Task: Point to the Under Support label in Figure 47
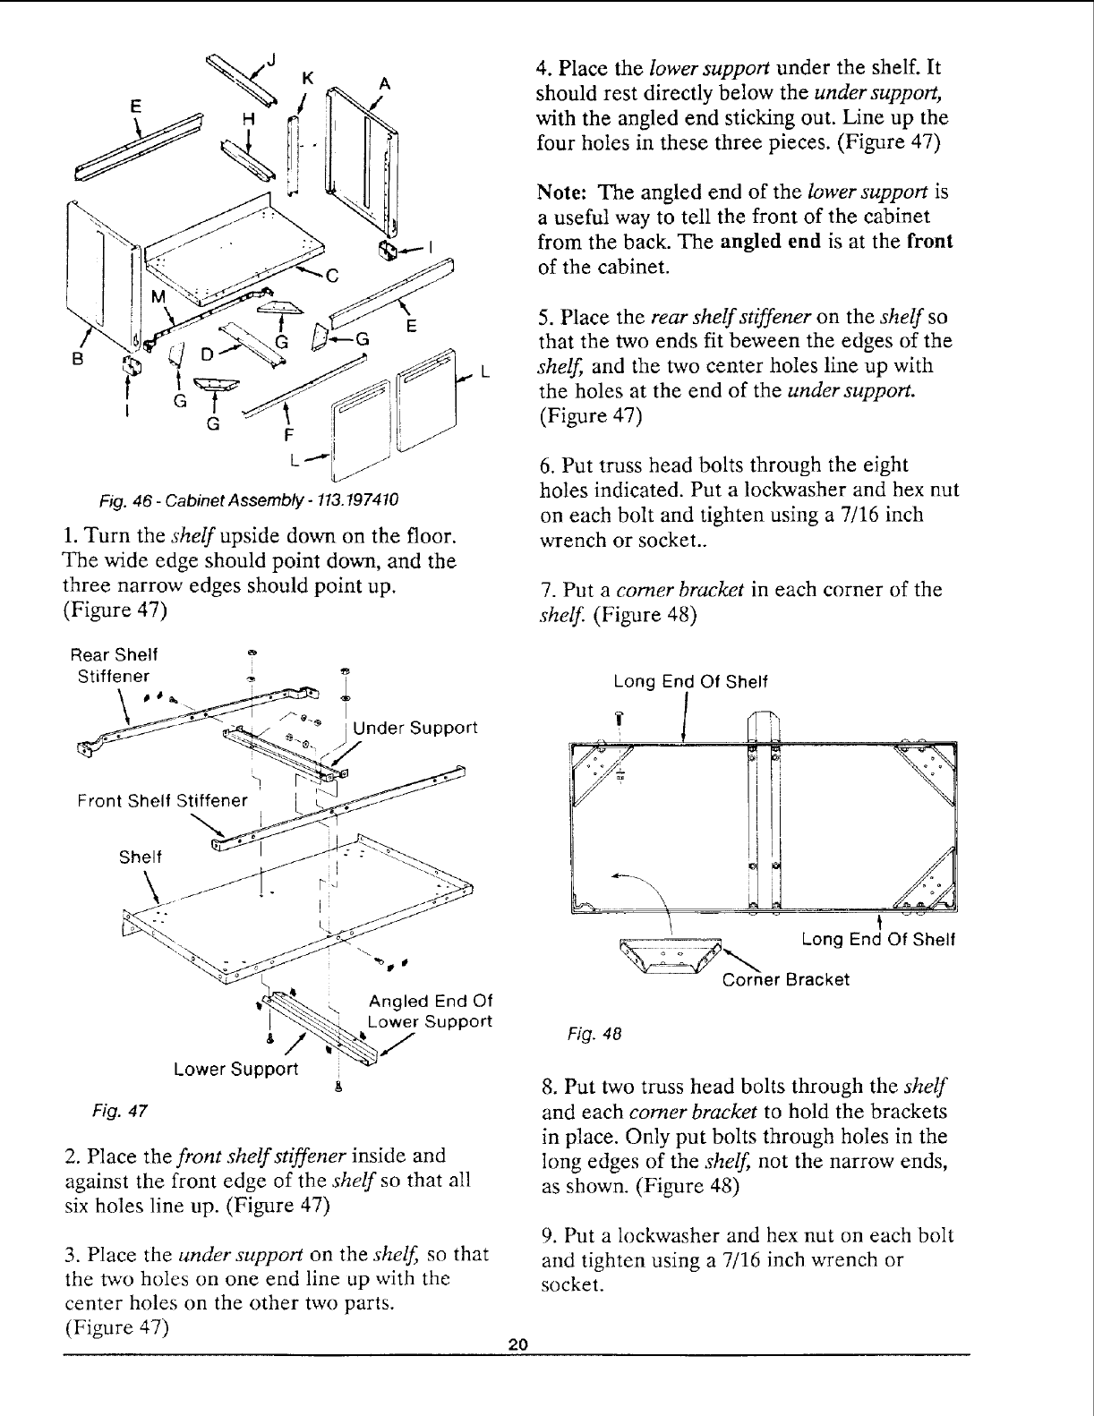coord(415,727)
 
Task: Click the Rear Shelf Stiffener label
coord(114,663)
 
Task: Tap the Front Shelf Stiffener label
coord(161,800)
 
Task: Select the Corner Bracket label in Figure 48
coord(785,979)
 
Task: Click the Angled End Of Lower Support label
coord(431,1011)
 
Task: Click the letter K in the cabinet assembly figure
coord(307,79)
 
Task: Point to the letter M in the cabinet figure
coord(158,297)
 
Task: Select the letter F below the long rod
coord(287,437)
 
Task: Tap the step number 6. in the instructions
coord(546,465)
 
